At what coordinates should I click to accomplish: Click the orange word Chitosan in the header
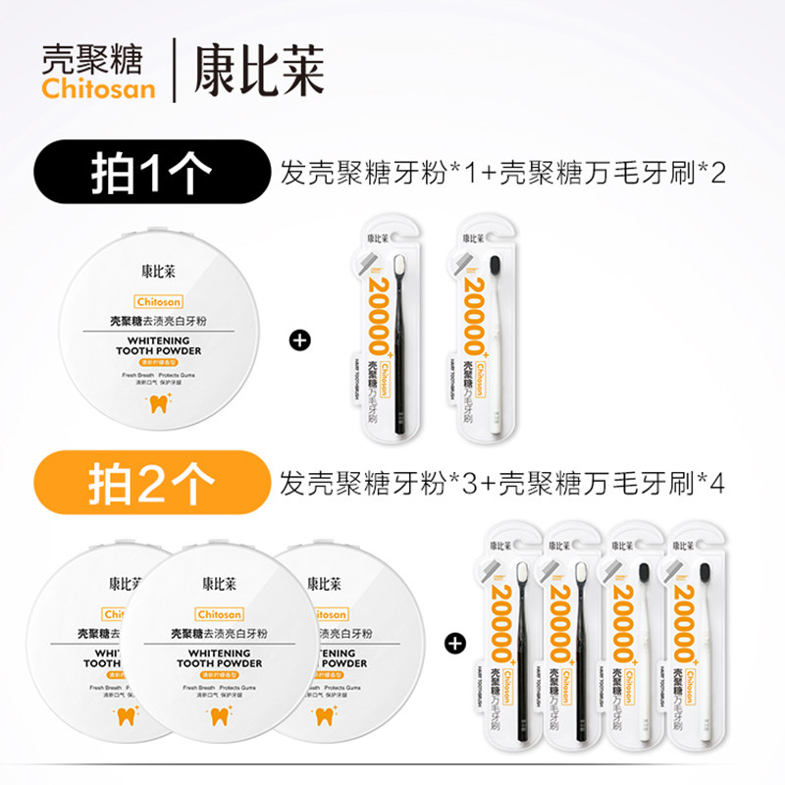(x=98, y=88)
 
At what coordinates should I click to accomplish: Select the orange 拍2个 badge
(x=151, y=484)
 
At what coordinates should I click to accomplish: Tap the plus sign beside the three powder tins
(x=454, y=644)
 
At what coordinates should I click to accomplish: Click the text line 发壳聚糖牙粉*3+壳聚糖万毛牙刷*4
(x=502, y=484)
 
